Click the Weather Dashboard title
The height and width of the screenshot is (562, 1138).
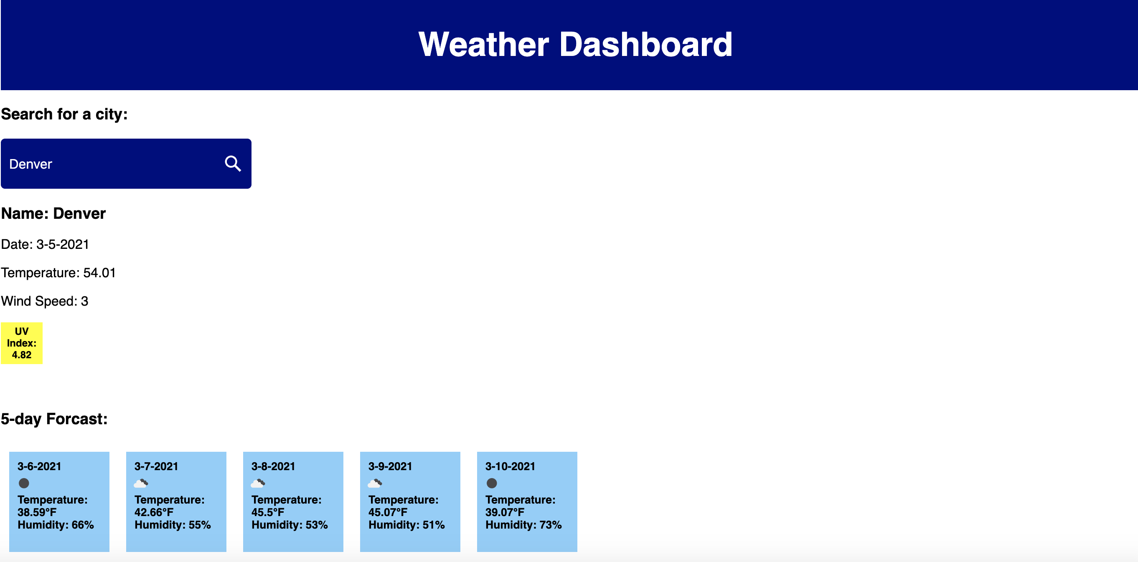[575, 45]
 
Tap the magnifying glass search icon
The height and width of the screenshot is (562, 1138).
[232, 164]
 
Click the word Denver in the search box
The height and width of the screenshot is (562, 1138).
[30, 164]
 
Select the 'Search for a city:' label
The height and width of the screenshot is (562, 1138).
[64, 114]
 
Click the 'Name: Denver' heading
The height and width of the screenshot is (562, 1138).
[53, 214]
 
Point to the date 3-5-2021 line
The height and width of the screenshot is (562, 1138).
[45, 244]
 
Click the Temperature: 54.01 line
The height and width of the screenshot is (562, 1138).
[58, 273]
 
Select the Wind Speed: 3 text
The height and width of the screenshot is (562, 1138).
[45, 301]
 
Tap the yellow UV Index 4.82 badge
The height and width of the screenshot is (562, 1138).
[22, 343]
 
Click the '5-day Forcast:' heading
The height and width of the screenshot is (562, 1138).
[54, 418]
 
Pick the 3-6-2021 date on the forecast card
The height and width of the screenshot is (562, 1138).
[39, 466]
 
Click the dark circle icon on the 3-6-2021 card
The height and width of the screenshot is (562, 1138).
[24, 483]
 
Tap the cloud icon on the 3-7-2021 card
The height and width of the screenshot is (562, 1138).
[141, 484]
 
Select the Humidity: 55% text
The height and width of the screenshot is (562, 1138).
[172, 525]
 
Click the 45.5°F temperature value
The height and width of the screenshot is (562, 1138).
[268, 512]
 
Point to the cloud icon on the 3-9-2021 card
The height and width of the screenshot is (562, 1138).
[375, 484]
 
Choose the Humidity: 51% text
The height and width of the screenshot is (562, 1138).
[406, 525]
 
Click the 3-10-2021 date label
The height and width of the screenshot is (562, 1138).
[510, 466]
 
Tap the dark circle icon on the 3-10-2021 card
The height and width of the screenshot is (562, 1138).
[491, 483]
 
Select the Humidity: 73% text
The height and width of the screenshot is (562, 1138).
[523, 525]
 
